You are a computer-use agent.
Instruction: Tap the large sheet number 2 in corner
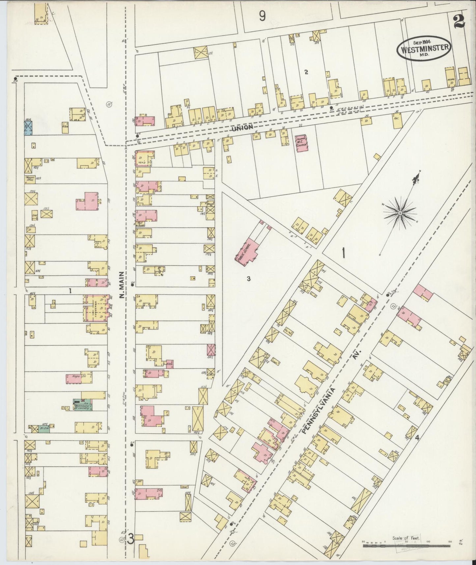pos(459,22)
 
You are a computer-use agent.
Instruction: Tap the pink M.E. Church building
pos(301,143)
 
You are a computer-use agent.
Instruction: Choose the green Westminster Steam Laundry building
pos(83,404)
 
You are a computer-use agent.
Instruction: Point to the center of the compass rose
pos(400,213)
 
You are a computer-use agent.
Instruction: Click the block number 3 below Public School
pos(248,279)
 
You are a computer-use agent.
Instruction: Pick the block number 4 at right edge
pos(417,438)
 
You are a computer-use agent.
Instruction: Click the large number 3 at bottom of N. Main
pos(130,539)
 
